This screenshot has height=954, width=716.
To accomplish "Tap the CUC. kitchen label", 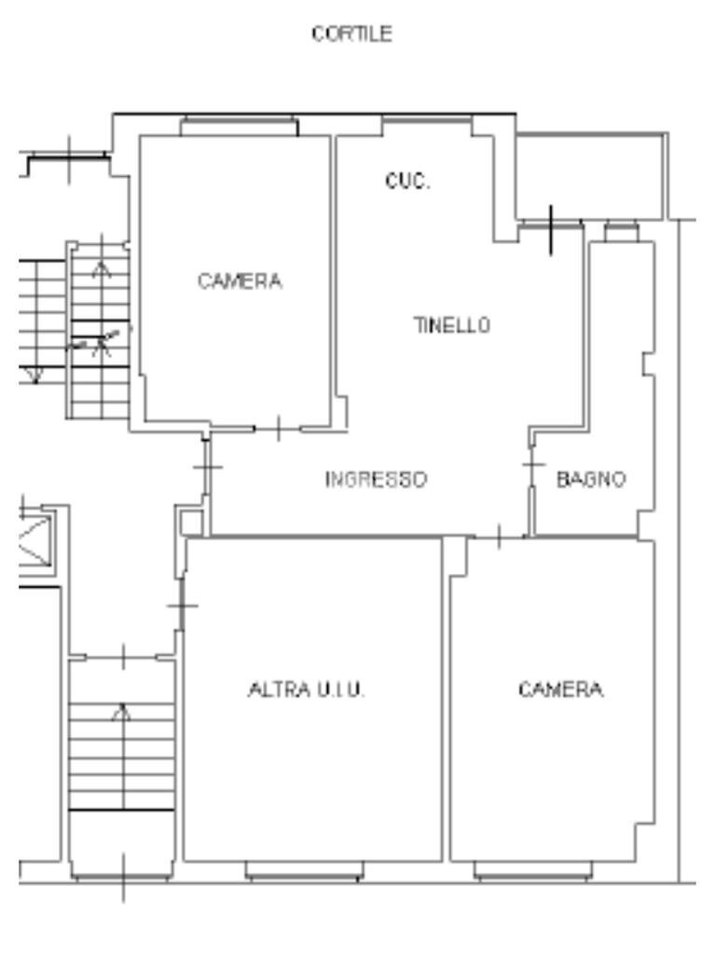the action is [x=407, y=182].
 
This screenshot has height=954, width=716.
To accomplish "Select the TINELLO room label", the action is [x=451, y=325].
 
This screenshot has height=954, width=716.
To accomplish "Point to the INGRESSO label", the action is [x=376, y=480].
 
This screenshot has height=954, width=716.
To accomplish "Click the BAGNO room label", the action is [x=591, y=480].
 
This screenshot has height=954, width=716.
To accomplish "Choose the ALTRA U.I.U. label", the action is [x=306, y=690].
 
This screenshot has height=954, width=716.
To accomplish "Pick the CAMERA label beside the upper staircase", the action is [x=240, y=281].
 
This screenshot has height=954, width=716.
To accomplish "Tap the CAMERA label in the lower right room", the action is [x=561, y=690].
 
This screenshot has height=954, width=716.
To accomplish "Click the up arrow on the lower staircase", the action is [x=120, y=714].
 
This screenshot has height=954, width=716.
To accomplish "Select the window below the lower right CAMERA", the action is [x=533, y=870].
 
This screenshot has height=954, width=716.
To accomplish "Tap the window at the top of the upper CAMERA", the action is [x=239, y=127].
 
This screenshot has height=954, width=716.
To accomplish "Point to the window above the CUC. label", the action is [x=426, y=126].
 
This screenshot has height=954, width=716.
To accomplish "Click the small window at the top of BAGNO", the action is [x=620, y=230].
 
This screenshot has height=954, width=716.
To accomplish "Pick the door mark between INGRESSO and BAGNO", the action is [x=532, y=463].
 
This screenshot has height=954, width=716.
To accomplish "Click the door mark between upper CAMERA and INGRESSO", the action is [x=278, y=429].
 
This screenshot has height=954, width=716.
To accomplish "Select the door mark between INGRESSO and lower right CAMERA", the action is [x=499, y=537].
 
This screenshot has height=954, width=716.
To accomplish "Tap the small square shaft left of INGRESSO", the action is [x=190, y=523].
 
